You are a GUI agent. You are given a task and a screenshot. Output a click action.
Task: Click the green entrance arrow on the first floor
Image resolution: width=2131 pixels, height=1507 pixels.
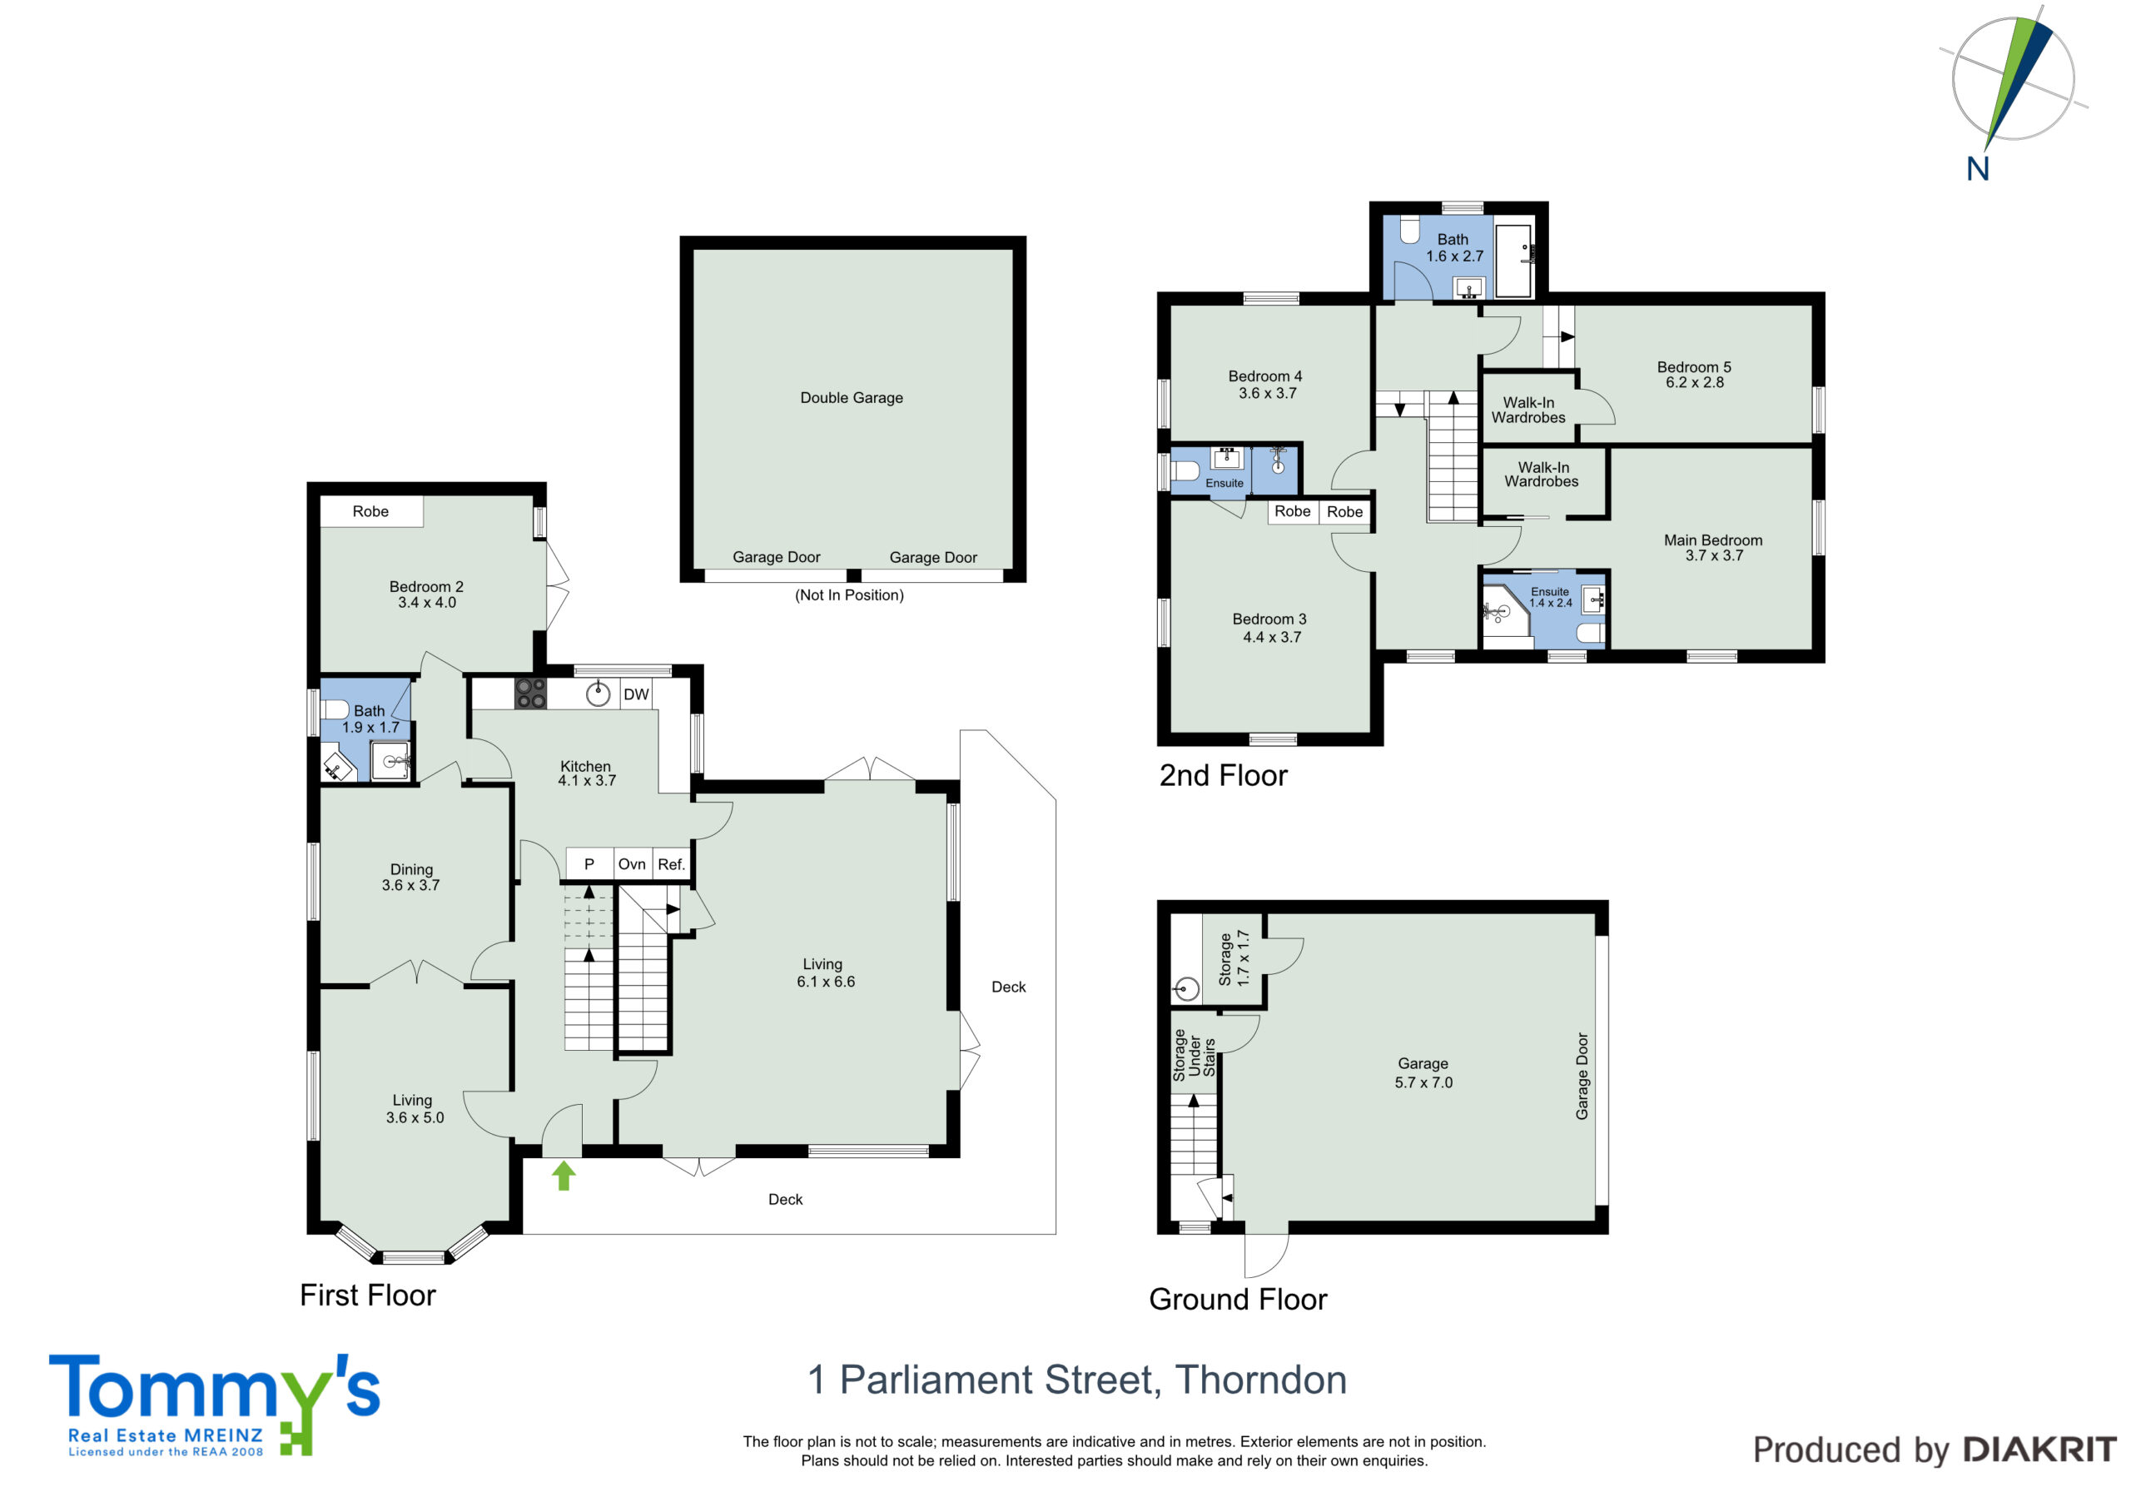pos(564,1176)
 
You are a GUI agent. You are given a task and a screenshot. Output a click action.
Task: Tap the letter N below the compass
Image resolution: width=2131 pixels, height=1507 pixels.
pos(1978,169)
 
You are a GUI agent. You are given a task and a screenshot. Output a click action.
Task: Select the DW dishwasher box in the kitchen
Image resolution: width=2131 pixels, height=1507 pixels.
pos(636,694)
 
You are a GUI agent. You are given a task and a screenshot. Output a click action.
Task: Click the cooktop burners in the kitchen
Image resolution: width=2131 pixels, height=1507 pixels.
pos(531,694)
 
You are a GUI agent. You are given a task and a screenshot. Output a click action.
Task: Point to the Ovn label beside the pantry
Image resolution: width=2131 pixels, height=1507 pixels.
pos(632,864)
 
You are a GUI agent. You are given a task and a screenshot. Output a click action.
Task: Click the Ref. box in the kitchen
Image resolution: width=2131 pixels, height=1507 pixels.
pos(671,864)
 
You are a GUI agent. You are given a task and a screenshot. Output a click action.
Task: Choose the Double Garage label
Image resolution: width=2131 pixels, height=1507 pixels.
pos(851,397)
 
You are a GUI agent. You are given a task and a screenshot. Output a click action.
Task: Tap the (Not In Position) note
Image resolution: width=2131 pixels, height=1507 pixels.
pos(849,595)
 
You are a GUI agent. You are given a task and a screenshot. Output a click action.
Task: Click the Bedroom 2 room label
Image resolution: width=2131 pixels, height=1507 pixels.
pos(426,587)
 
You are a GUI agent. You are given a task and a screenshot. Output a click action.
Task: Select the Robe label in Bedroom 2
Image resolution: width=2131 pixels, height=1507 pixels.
pos(370,511)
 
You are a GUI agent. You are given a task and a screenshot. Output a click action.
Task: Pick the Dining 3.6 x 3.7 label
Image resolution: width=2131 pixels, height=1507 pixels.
pos(411,878)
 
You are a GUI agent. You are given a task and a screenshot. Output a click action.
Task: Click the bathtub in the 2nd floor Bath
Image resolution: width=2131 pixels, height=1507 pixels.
pos(1514,261)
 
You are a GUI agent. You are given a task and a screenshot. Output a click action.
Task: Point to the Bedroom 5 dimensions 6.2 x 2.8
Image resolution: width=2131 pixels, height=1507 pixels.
pos(1695,382)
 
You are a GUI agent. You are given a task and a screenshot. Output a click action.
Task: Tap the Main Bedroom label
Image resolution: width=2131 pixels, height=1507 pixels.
pos(1713,540)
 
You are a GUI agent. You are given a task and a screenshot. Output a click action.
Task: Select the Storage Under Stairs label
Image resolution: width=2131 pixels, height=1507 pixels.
pos(1194,1055)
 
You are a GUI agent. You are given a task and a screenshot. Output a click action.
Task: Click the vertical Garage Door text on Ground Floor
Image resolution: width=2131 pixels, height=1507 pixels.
pos(1582,1077)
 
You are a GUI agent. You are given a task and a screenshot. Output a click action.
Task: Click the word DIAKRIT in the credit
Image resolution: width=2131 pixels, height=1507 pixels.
pos(2040,1450)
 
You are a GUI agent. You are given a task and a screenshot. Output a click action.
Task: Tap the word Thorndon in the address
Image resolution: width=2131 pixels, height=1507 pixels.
pos(1261,1380)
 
